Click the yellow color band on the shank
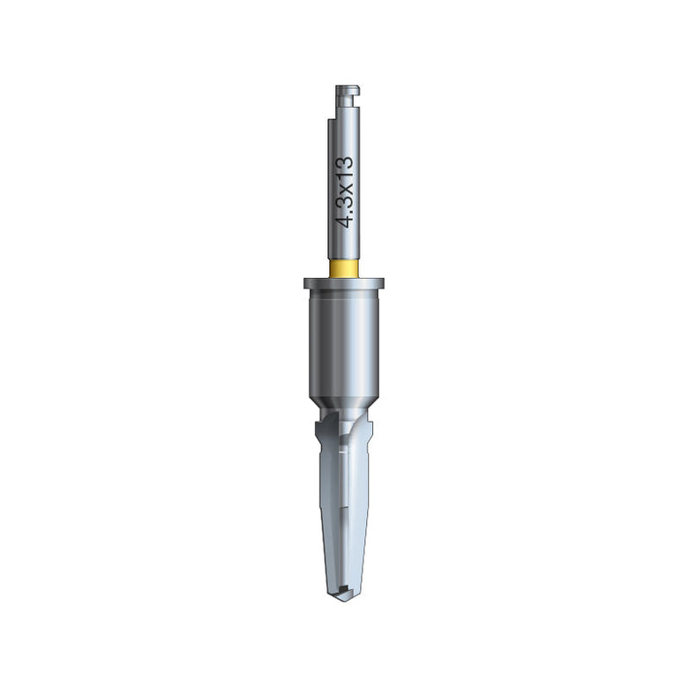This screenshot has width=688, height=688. pos(344,269)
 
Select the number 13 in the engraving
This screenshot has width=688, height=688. pos(345,169)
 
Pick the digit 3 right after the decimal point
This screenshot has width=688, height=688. pos(345,203)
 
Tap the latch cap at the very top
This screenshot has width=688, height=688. pos(348,90)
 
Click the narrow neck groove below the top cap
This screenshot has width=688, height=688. pos(347,101)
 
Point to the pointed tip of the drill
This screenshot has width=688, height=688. pos(344,600)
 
